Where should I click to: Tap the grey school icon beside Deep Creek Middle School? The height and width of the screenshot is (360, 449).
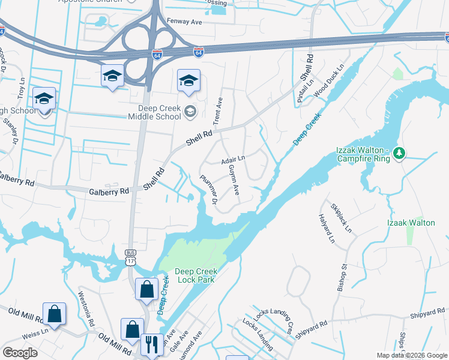click(190, 110)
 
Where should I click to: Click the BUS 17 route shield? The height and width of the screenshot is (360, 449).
click(131, 257)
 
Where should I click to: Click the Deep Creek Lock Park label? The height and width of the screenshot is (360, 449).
click(196, 275)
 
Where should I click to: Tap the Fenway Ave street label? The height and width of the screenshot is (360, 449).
click(184, 22)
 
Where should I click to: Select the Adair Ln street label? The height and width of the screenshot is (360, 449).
click(234, 160)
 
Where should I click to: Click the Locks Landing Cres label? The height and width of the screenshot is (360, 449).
click(273, 319)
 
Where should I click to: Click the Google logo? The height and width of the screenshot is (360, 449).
click(20, 352)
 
